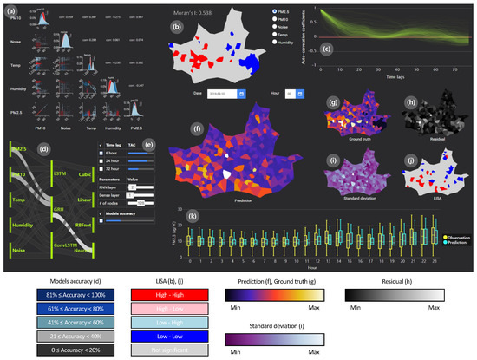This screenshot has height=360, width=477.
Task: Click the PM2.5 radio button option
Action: pyautogui.click(x=275, y=11)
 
